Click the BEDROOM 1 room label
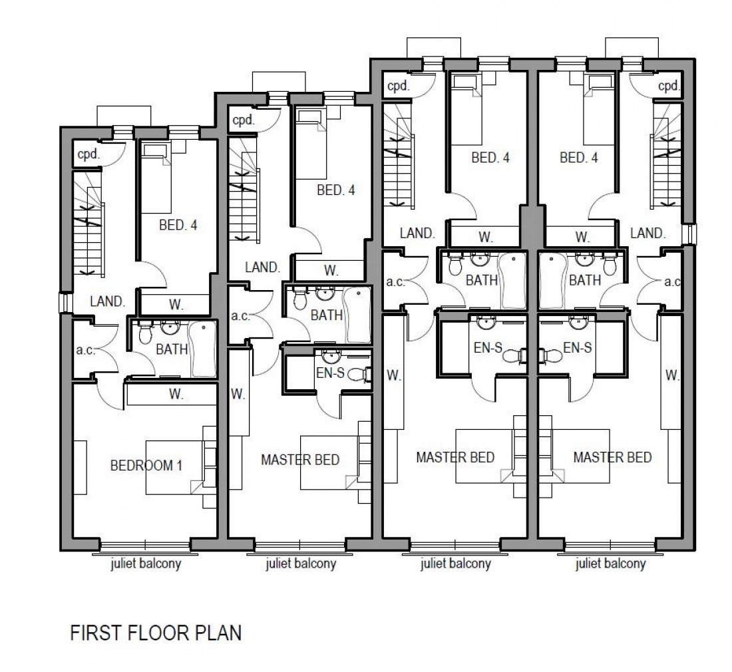[x=146, y=465]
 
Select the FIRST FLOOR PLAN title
[x=156, y=633]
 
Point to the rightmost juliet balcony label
[x=610, y=565]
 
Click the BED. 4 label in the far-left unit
[x=178, y=225]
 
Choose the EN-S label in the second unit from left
[x=329, y=373]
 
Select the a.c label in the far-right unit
[x=671, y=281]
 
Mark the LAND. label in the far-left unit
[x=108, y=301]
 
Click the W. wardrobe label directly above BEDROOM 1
[x=176, y=394]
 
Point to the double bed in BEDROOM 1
[x=174, y=466]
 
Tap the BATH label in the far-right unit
[x=585, y=281]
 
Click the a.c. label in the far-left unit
[x=85, y=350]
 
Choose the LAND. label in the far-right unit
[x=647, y=233]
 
